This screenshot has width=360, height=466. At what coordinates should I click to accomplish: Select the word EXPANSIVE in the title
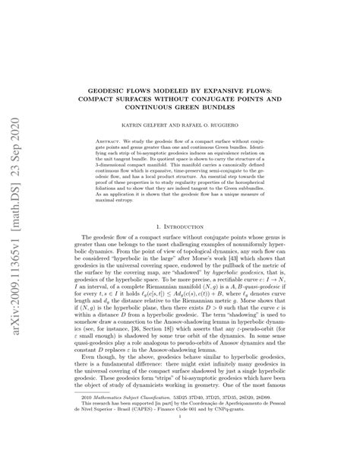click(x=238, y=67)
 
